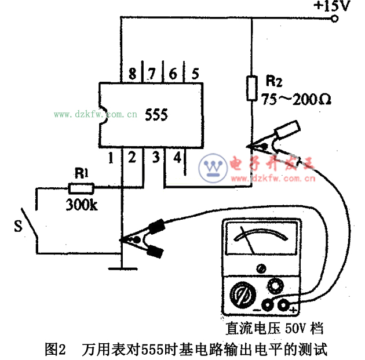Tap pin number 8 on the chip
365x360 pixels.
[133, 74]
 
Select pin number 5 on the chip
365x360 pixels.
[195, 74]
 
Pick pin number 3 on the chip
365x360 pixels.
[155, 157]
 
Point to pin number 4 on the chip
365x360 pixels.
[177, 157]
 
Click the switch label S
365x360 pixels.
[17, 225]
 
